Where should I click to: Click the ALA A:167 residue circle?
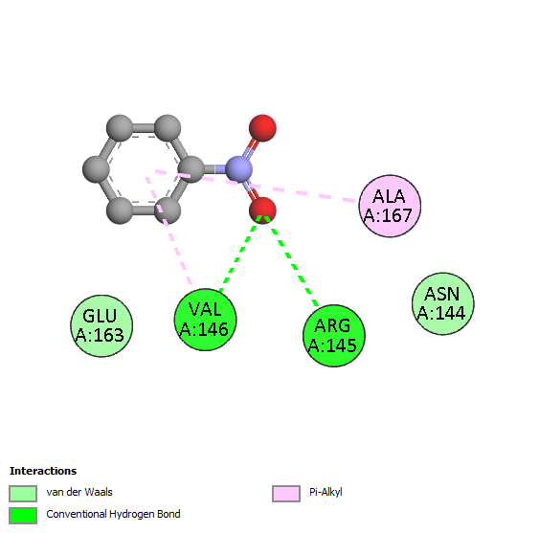(x=390, y=206)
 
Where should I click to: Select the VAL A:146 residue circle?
(x=205, y=320)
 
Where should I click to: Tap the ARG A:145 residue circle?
(x=334, y=336)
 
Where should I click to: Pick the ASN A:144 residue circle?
(x=442, y=303)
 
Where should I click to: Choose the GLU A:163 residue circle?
(x=101, y=325)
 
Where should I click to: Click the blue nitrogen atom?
(x=239, y=169)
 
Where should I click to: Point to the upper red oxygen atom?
(x=262, y=128)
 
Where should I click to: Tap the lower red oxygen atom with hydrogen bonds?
(x=262, y=211)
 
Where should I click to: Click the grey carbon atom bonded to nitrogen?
(x=191, y=169)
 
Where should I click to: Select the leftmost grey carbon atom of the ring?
(x=97, y=169)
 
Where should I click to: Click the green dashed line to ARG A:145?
(x=291, y=261)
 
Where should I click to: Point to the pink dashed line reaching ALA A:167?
(x=255, y=186)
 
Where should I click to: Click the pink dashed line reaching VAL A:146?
(x=168, y=231)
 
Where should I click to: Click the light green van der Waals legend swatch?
(x=23, y=494)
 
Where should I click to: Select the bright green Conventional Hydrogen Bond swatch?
(x=23, y=516)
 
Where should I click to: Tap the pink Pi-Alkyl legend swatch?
(x=286, y=494)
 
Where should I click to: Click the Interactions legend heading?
(x=43, y=471)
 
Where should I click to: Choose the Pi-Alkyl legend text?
(x=326, y=493)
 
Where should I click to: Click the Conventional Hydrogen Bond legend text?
(x=113, y=514)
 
